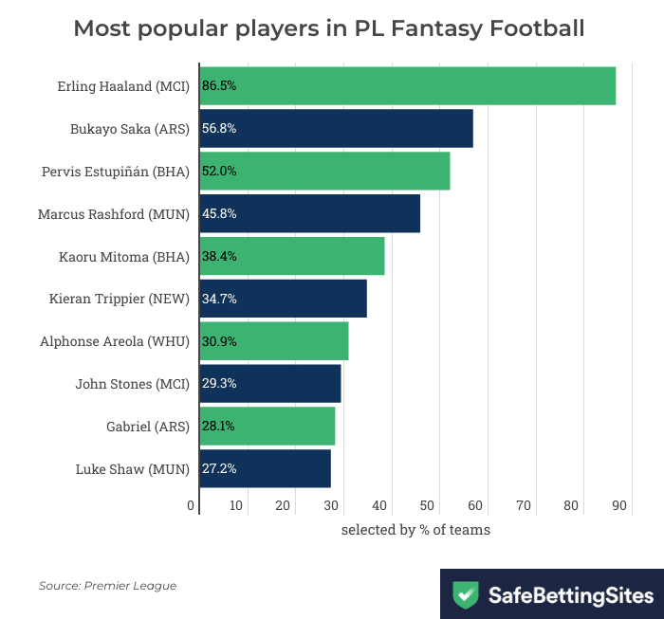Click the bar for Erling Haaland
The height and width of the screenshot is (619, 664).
coord(408,85)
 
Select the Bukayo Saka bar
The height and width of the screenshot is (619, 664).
coord(337,128)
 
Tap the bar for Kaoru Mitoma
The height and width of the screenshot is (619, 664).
coord(292,256)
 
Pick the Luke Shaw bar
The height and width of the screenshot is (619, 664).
coord(266,468)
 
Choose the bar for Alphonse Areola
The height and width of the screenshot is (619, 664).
coord(274,341)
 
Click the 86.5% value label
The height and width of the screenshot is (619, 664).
coord(219,85)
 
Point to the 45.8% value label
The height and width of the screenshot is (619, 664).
coord(219,213)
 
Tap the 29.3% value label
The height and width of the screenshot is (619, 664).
coord(219,383)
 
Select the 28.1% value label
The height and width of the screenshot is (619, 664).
coord(219,426)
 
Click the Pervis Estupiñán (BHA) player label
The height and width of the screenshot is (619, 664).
coord(116,172)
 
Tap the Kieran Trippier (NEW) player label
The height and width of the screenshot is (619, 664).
coord(120,299)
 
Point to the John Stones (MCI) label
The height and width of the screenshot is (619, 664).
coord(133,384)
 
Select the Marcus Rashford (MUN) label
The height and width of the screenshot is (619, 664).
coord(114,214)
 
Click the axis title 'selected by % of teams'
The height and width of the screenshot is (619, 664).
coord(415,529)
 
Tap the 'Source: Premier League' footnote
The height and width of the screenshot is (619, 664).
coord(107,586)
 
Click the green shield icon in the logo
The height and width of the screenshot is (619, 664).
coord(466,595)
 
